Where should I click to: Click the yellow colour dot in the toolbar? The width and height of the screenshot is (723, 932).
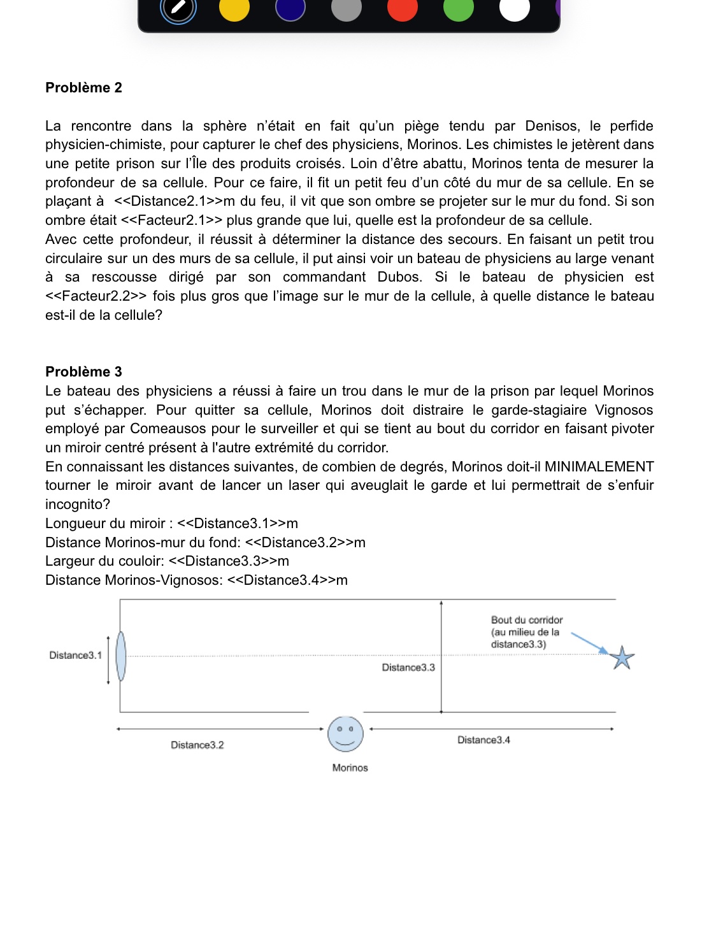click(234, 8)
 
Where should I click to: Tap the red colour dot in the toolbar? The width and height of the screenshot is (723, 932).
click(403, 8)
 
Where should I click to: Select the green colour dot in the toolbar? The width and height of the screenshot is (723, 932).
click(459, 8)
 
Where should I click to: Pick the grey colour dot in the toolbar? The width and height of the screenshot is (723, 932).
click(347, 8)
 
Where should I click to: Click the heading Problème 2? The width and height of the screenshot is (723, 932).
click(83, 88)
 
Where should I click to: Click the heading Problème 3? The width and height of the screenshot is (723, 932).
click(83, 372)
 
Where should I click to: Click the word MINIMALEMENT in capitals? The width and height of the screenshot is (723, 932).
click(599, 467)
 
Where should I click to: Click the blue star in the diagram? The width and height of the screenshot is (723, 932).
click(622, 657)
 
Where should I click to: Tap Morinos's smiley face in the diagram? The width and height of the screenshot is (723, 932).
click(345, 734)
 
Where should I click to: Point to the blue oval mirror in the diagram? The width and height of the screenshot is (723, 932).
click(121, 656)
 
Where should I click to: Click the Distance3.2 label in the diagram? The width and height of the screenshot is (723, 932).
click(197, 745)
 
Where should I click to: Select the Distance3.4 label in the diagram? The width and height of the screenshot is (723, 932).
click(483, 740)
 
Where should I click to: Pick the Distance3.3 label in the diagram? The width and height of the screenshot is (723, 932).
click(408, 668)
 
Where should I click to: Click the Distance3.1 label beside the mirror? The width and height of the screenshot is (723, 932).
click(75, 656)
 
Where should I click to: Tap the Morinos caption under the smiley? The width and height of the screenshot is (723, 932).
click(350, 768)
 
